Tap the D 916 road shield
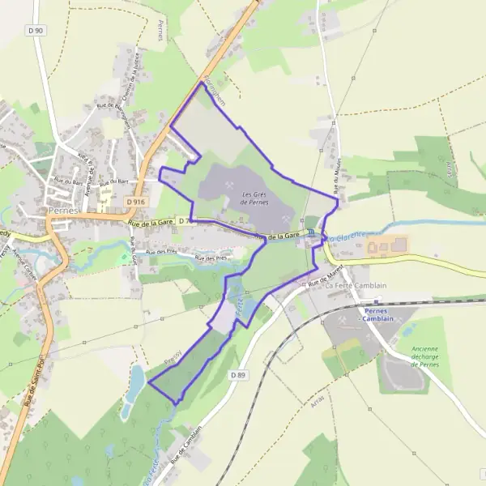135,202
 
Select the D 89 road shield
237,375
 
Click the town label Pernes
62,209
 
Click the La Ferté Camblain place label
356,286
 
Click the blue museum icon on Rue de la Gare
310,232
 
